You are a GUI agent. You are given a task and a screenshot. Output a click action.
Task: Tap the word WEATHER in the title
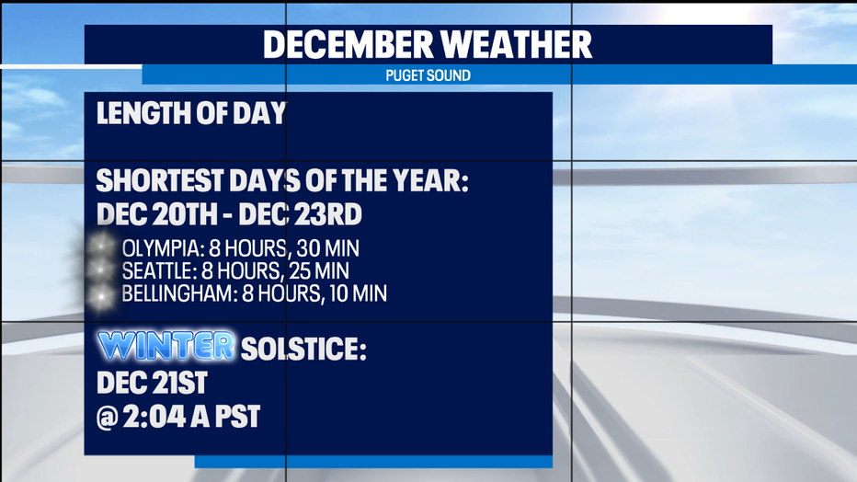tap(517, 44)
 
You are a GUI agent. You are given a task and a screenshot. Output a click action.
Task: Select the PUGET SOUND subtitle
tap(428, 75)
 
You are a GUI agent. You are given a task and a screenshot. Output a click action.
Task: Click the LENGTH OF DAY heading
tap(191, 113)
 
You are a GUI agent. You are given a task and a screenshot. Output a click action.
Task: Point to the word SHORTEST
tap(160, 180)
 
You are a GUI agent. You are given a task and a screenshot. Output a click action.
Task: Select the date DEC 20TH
tap(157, 214)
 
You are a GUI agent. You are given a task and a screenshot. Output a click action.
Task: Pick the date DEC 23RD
tap(300, 214)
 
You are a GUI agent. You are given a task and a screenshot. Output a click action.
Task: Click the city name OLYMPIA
tap(163, 248)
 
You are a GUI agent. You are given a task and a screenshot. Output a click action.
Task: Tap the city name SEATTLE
tap(158, 271)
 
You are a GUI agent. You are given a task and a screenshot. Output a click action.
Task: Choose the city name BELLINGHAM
tap(179, 293)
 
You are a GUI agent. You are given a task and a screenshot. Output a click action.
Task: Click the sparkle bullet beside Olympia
tap(102, 246)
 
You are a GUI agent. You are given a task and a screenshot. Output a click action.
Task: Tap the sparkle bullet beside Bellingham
tap(102, 296)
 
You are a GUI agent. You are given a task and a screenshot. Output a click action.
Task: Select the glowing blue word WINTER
tap(166, 345)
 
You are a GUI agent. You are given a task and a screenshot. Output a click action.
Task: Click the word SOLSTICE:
tap(303, 349)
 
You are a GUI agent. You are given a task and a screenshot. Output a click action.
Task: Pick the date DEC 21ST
tap(152, 383)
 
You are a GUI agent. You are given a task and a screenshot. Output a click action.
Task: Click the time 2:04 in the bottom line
tap(154, 417)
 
